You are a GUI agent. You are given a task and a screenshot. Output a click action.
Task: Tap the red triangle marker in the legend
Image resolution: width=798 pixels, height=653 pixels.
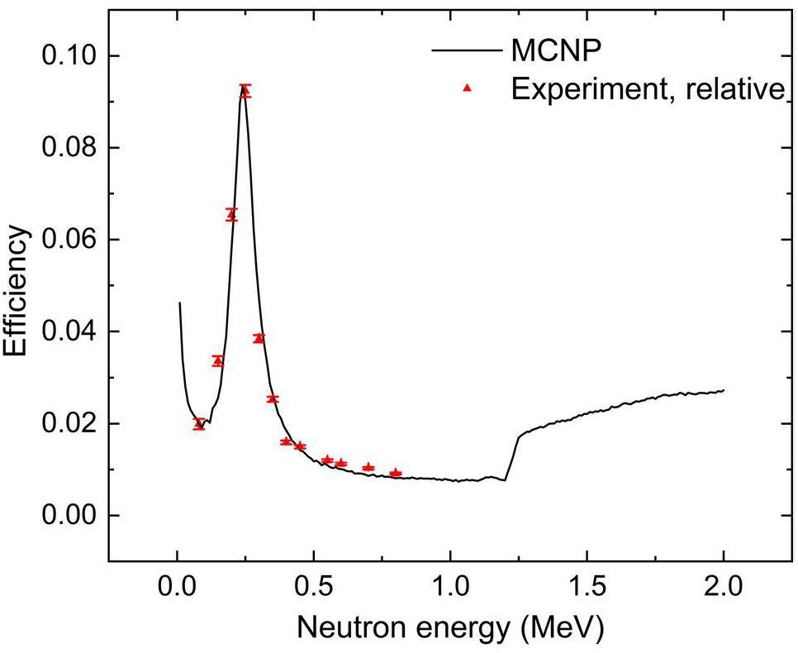tap(466, 88)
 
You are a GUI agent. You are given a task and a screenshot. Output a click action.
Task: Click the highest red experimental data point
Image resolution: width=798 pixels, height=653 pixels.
tap(245, 91)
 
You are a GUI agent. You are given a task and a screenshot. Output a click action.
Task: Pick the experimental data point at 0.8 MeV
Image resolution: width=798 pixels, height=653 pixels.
tap(396, 473)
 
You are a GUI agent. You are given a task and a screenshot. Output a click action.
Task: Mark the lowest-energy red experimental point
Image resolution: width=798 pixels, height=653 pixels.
tap(199, 423)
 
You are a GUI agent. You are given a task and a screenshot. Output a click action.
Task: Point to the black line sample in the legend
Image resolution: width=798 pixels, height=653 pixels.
tap(464, 50)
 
